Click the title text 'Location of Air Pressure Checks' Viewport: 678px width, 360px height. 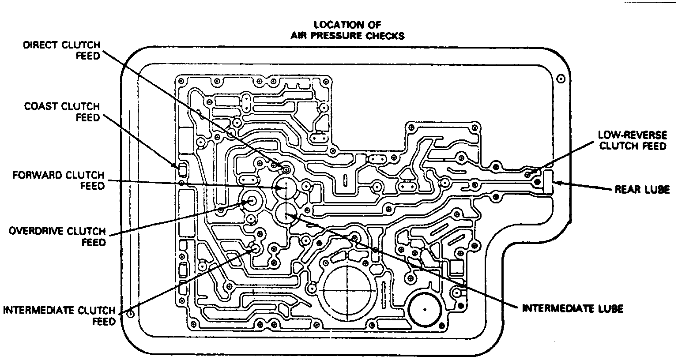pyautogui.click(x=347, y=30)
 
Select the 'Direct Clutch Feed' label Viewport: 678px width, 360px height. pyautogui.click(x=62, y=50)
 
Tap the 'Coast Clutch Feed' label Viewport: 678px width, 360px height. pyautogui.click(x=62, y=112)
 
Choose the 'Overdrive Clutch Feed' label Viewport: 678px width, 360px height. pyautogui.click(x=57, y=236)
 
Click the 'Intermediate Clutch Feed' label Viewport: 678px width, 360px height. pyautogui.click(x=59, y=315)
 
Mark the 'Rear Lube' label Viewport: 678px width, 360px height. pyautogui.click(x=642, y=190)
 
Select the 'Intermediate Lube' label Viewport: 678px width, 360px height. pyautogui.click(x=573, y=308)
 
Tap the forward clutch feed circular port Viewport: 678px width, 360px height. pyautogui.click(x=285, y=188)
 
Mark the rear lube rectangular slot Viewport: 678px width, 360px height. pyautogui.click(x=549, y=181)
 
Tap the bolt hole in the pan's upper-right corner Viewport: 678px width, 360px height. pyautogui.click(x=560, y=79)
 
